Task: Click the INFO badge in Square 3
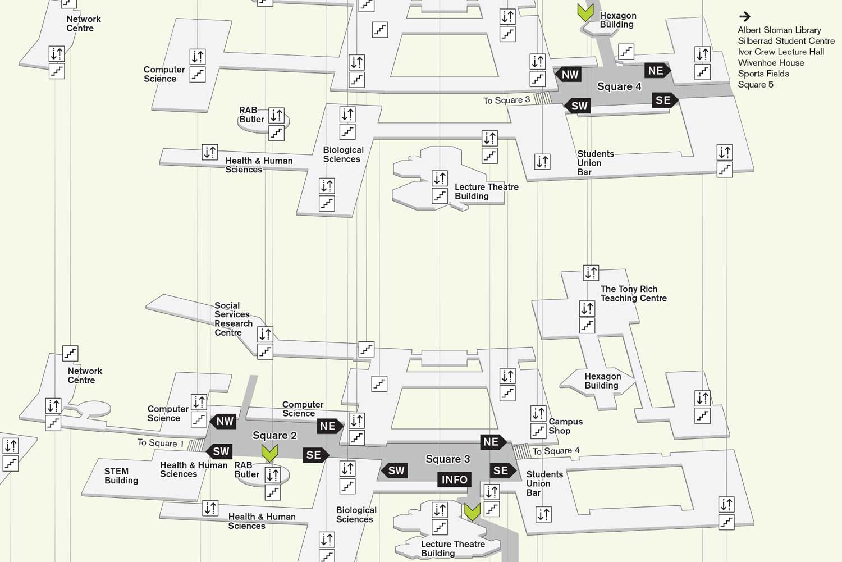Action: (x=454, y=479)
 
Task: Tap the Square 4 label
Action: (x=619, y=86)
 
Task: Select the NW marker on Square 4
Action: (x=569, y=75)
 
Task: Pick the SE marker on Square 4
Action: (x=663, y=100)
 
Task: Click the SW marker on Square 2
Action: (x=219, y=451)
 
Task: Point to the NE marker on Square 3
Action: (x=492, y=442)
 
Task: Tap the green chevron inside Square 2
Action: (x=269, y=453)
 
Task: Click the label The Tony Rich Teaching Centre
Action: (x=633, y=294)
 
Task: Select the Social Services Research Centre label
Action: (x=233, y=319)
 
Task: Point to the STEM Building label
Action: (x=121, y=476)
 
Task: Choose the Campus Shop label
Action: (x=565, y=426)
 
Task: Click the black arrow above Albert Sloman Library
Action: (x=745, y=17)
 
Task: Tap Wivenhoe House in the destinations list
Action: (x=771, y=63)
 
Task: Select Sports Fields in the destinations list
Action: (x=763, y=74)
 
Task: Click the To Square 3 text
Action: (x=506, y=100)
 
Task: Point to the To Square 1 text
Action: (x=161, y=443)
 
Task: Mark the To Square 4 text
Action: (x=556, y=451)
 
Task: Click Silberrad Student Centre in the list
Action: (x=786, y=41)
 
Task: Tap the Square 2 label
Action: (x=274, y=436)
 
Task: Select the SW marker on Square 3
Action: (x=395, y=471)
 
